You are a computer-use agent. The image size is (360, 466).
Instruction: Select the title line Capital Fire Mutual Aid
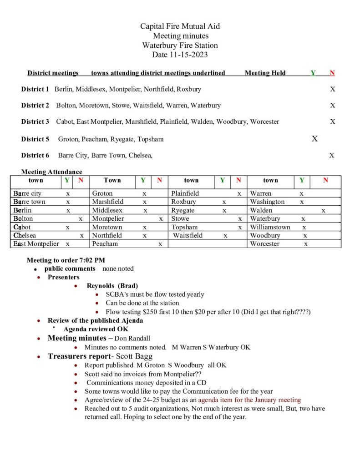[x=180, y=26]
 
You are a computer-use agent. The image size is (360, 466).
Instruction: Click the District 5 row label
[x=35, y=139]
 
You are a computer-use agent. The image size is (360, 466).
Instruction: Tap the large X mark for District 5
[x=314, y=139]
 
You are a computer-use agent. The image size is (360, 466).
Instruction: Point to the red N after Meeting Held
[x=332, y=73]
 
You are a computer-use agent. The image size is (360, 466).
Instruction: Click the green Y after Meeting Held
[x=313, y=73]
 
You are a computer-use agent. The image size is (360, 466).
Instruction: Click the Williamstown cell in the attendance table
[x=270, y=227]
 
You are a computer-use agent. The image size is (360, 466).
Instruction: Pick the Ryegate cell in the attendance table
[x=183, y=210]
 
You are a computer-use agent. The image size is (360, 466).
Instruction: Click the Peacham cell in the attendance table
[x=105, y=243]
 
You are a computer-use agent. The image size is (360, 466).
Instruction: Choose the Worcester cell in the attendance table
[x=266, y=243]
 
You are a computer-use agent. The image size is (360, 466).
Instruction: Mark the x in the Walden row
[x=323, y=210]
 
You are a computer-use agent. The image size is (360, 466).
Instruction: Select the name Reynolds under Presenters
[x=101, y=286]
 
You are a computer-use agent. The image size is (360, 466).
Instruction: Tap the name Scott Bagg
[x=135, y=356]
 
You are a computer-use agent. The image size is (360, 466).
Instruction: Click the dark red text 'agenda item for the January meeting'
[x=249, y=400]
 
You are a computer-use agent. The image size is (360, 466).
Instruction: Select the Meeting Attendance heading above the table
[x=51, y=172]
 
